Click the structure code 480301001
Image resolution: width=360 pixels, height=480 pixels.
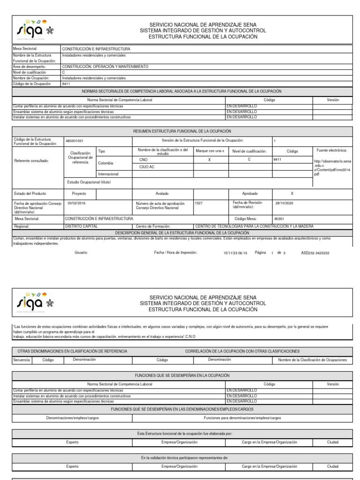[x=75, y=140]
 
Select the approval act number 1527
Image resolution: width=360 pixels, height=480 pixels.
[x=198, y=203]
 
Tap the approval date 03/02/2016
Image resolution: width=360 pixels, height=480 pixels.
[x=77, y=203]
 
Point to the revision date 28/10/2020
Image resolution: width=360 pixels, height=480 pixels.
[x=284, y=203]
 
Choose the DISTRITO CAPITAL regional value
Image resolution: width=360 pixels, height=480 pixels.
[x=82, y=226]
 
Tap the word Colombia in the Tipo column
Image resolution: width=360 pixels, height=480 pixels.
[x=106, y=163]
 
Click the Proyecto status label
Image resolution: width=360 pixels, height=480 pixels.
[x=79, y=193]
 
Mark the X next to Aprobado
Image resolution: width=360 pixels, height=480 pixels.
[x=292, y=193]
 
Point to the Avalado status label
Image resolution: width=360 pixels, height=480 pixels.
[x=162, y=193]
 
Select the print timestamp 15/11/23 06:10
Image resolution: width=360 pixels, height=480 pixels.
[x=235, y=253]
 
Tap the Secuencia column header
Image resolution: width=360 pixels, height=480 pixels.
[x=22, y=360]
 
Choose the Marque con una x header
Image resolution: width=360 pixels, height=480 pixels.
[x=210, y=151]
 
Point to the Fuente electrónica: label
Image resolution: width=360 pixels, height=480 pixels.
[x=331, y=150]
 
